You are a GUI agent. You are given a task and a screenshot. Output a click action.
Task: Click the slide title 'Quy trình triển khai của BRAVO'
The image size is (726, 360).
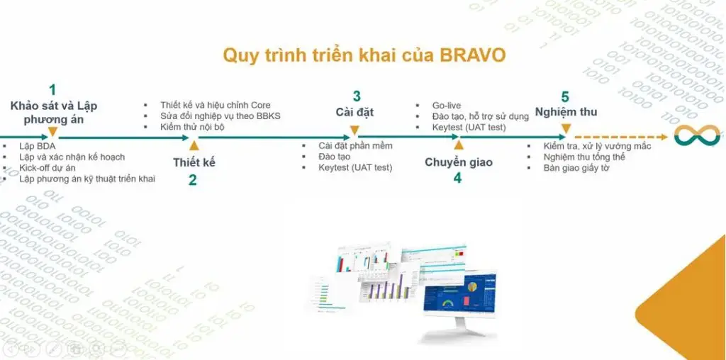364,55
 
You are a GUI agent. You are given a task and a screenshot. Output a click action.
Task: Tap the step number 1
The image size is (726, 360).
52,90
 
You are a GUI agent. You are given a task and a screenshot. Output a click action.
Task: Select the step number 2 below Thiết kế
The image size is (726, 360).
193,180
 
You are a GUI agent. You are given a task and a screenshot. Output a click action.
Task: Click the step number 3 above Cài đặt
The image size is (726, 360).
357,96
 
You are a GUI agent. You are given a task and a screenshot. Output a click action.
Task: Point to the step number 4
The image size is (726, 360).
457,179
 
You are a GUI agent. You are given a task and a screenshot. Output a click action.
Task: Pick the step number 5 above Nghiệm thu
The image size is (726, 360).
565,97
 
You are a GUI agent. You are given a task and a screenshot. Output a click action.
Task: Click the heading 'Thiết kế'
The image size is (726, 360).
194,162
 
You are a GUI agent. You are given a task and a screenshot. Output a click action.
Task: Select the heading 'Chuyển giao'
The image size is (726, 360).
457,162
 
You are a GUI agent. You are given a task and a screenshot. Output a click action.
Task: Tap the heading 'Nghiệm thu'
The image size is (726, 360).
566,112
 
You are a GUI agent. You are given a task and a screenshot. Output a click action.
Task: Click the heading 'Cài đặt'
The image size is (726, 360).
354,112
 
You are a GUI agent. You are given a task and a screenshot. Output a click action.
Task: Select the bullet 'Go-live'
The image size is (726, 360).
447,105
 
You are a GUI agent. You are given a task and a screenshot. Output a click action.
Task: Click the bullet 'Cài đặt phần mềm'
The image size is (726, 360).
355,145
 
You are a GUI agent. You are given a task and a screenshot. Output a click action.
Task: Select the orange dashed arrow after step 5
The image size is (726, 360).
622,136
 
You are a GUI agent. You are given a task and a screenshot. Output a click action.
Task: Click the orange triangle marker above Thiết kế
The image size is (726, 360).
194,146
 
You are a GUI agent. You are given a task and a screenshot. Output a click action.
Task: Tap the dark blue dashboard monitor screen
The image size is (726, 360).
459,291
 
